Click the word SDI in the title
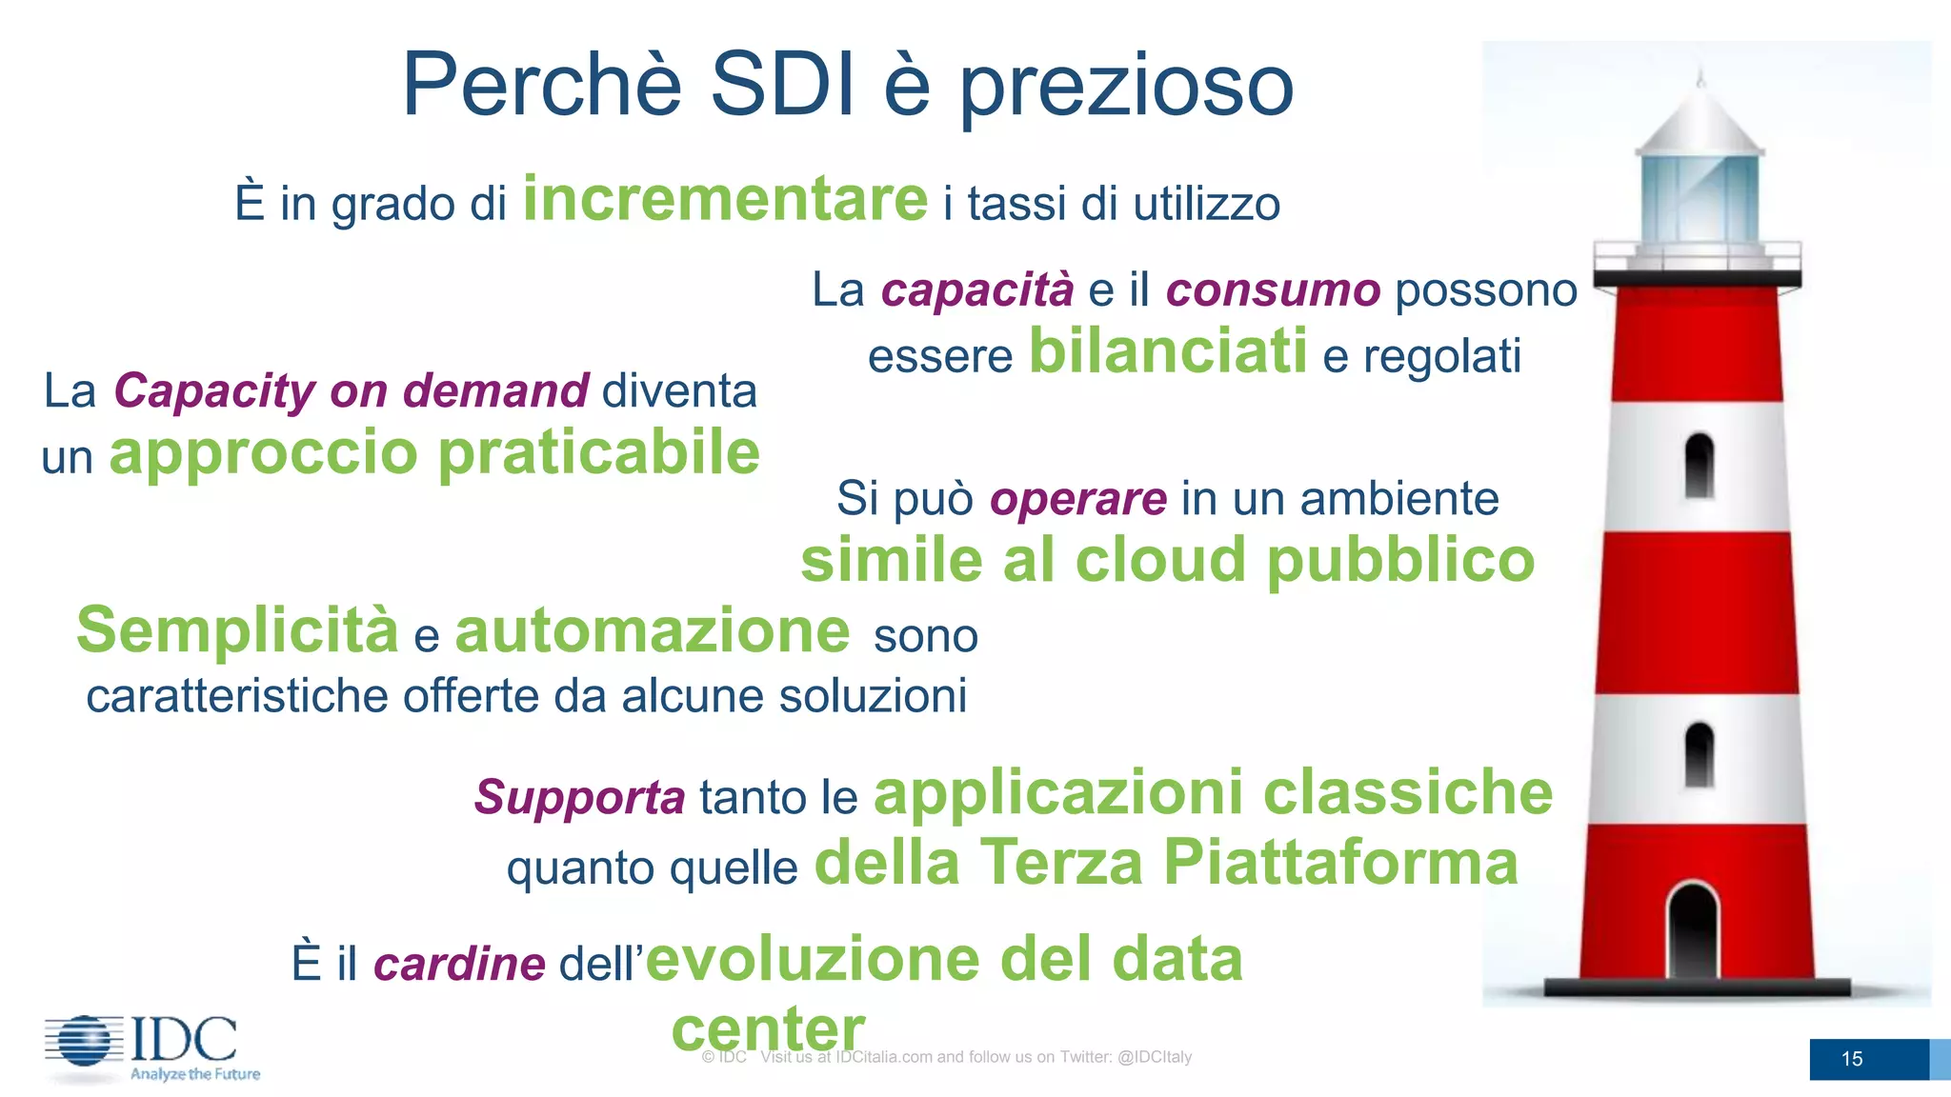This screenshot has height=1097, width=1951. pos(782,85)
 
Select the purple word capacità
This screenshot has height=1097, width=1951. pos(977,289)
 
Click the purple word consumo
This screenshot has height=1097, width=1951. pos(1273,289)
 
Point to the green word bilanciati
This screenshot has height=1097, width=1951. pos(1168,351)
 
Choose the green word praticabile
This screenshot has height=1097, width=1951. pos(598,452)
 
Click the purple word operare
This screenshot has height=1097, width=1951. pos(1078,498)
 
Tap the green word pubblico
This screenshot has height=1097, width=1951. pos(1400,559)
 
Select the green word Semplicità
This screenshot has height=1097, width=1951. pos(237,630)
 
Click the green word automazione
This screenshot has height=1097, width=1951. pos(653,630)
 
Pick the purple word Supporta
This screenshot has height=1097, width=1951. pos(579,797)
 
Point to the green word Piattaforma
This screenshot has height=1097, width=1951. pos(1340,862)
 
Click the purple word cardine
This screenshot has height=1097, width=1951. pos(459,964)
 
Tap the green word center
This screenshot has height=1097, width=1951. pos(768,1029)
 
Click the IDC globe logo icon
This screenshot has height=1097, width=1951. pos(84,1041)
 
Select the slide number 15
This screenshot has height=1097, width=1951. pos(1852,1059)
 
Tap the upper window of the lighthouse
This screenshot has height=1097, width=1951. pos(1699,466)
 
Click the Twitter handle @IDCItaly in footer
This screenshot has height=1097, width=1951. pos(1155,1057)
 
